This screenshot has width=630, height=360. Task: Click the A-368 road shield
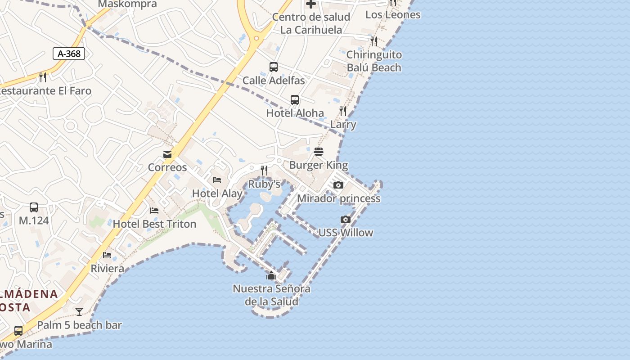(69, 54)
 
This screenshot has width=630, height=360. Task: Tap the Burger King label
(319, 165)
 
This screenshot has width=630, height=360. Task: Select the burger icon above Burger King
(319, 152)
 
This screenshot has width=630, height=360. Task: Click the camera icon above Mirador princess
(338, 185)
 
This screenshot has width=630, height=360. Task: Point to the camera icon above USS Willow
(346, 219)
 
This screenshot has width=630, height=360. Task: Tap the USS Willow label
(346, 233)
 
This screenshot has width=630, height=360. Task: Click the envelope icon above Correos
(167, 154)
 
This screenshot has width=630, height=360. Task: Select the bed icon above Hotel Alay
(217, 180)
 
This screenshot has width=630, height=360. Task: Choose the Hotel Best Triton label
(154, 224)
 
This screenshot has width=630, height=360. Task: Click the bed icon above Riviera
(107, 255)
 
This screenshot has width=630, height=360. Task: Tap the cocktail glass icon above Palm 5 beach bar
(79, 311)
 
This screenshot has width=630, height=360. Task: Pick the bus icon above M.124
(34, 207)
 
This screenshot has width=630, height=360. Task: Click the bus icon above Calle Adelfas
(274, 67)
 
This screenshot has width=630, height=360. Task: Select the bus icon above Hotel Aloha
(295, 99)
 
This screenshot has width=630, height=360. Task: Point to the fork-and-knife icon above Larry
(343, 111)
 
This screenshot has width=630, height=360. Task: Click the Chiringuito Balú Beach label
(374, 61)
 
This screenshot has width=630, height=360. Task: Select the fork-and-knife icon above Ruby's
(264, 171)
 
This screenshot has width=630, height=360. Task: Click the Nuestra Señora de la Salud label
(271, 295)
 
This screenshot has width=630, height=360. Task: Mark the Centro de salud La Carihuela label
(311, 23)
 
